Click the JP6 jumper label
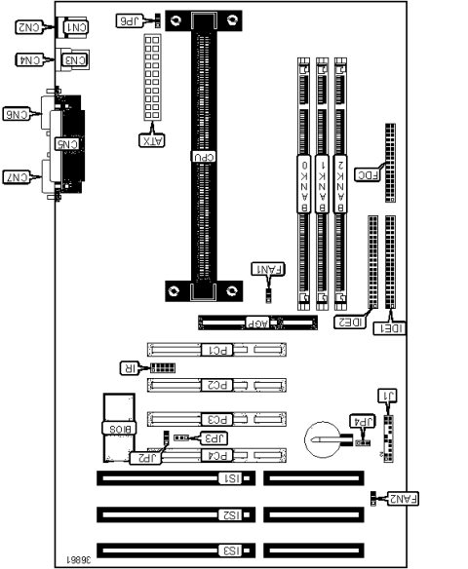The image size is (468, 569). pyautogui.click(x=129, y=19)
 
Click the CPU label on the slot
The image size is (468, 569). pyautogui.click(x=207, y=156)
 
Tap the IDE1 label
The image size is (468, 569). pyautogui.click(x=391, y=330)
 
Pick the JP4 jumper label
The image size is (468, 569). pyautogui.click(x=362, y=422)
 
